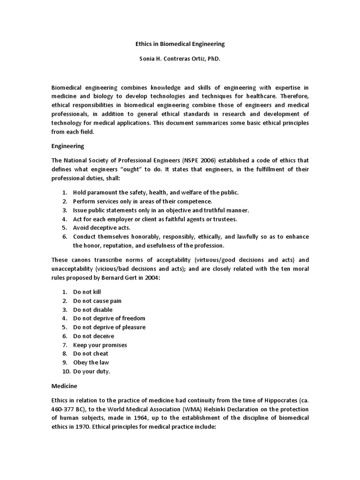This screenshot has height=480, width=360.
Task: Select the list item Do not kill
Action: coord(87,292)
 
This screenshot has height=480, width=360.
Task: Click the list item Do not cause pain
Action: coord(97,301)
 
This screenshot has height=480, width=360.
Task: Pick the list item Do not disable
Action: coord(93,310)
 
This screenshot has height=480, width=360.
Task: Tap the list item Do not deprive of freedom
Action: coord(109,318)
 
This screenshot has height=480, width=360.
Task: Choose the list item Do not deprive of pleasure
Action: coord(109,327)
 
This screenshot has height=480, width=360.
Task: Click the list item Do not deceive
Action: coord(93,336)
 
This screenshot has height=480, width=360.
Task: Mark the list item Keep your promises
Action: coord(100,345)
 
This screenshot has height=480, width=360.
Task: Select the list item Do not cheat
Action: coord(90,353)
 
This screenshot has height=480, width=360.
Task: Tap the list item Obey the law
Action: coord(91,362)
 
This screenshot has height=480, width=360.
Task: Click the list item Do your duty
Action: coord(92,371)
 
